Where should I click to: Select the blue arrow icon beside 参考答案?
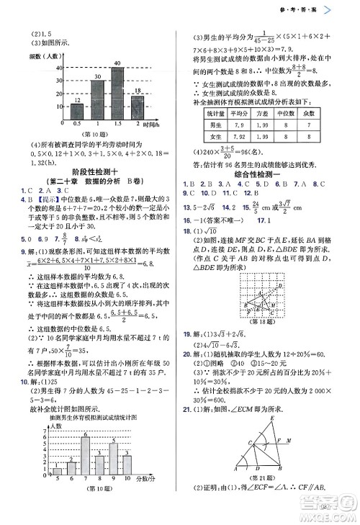tap(348, 9)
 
